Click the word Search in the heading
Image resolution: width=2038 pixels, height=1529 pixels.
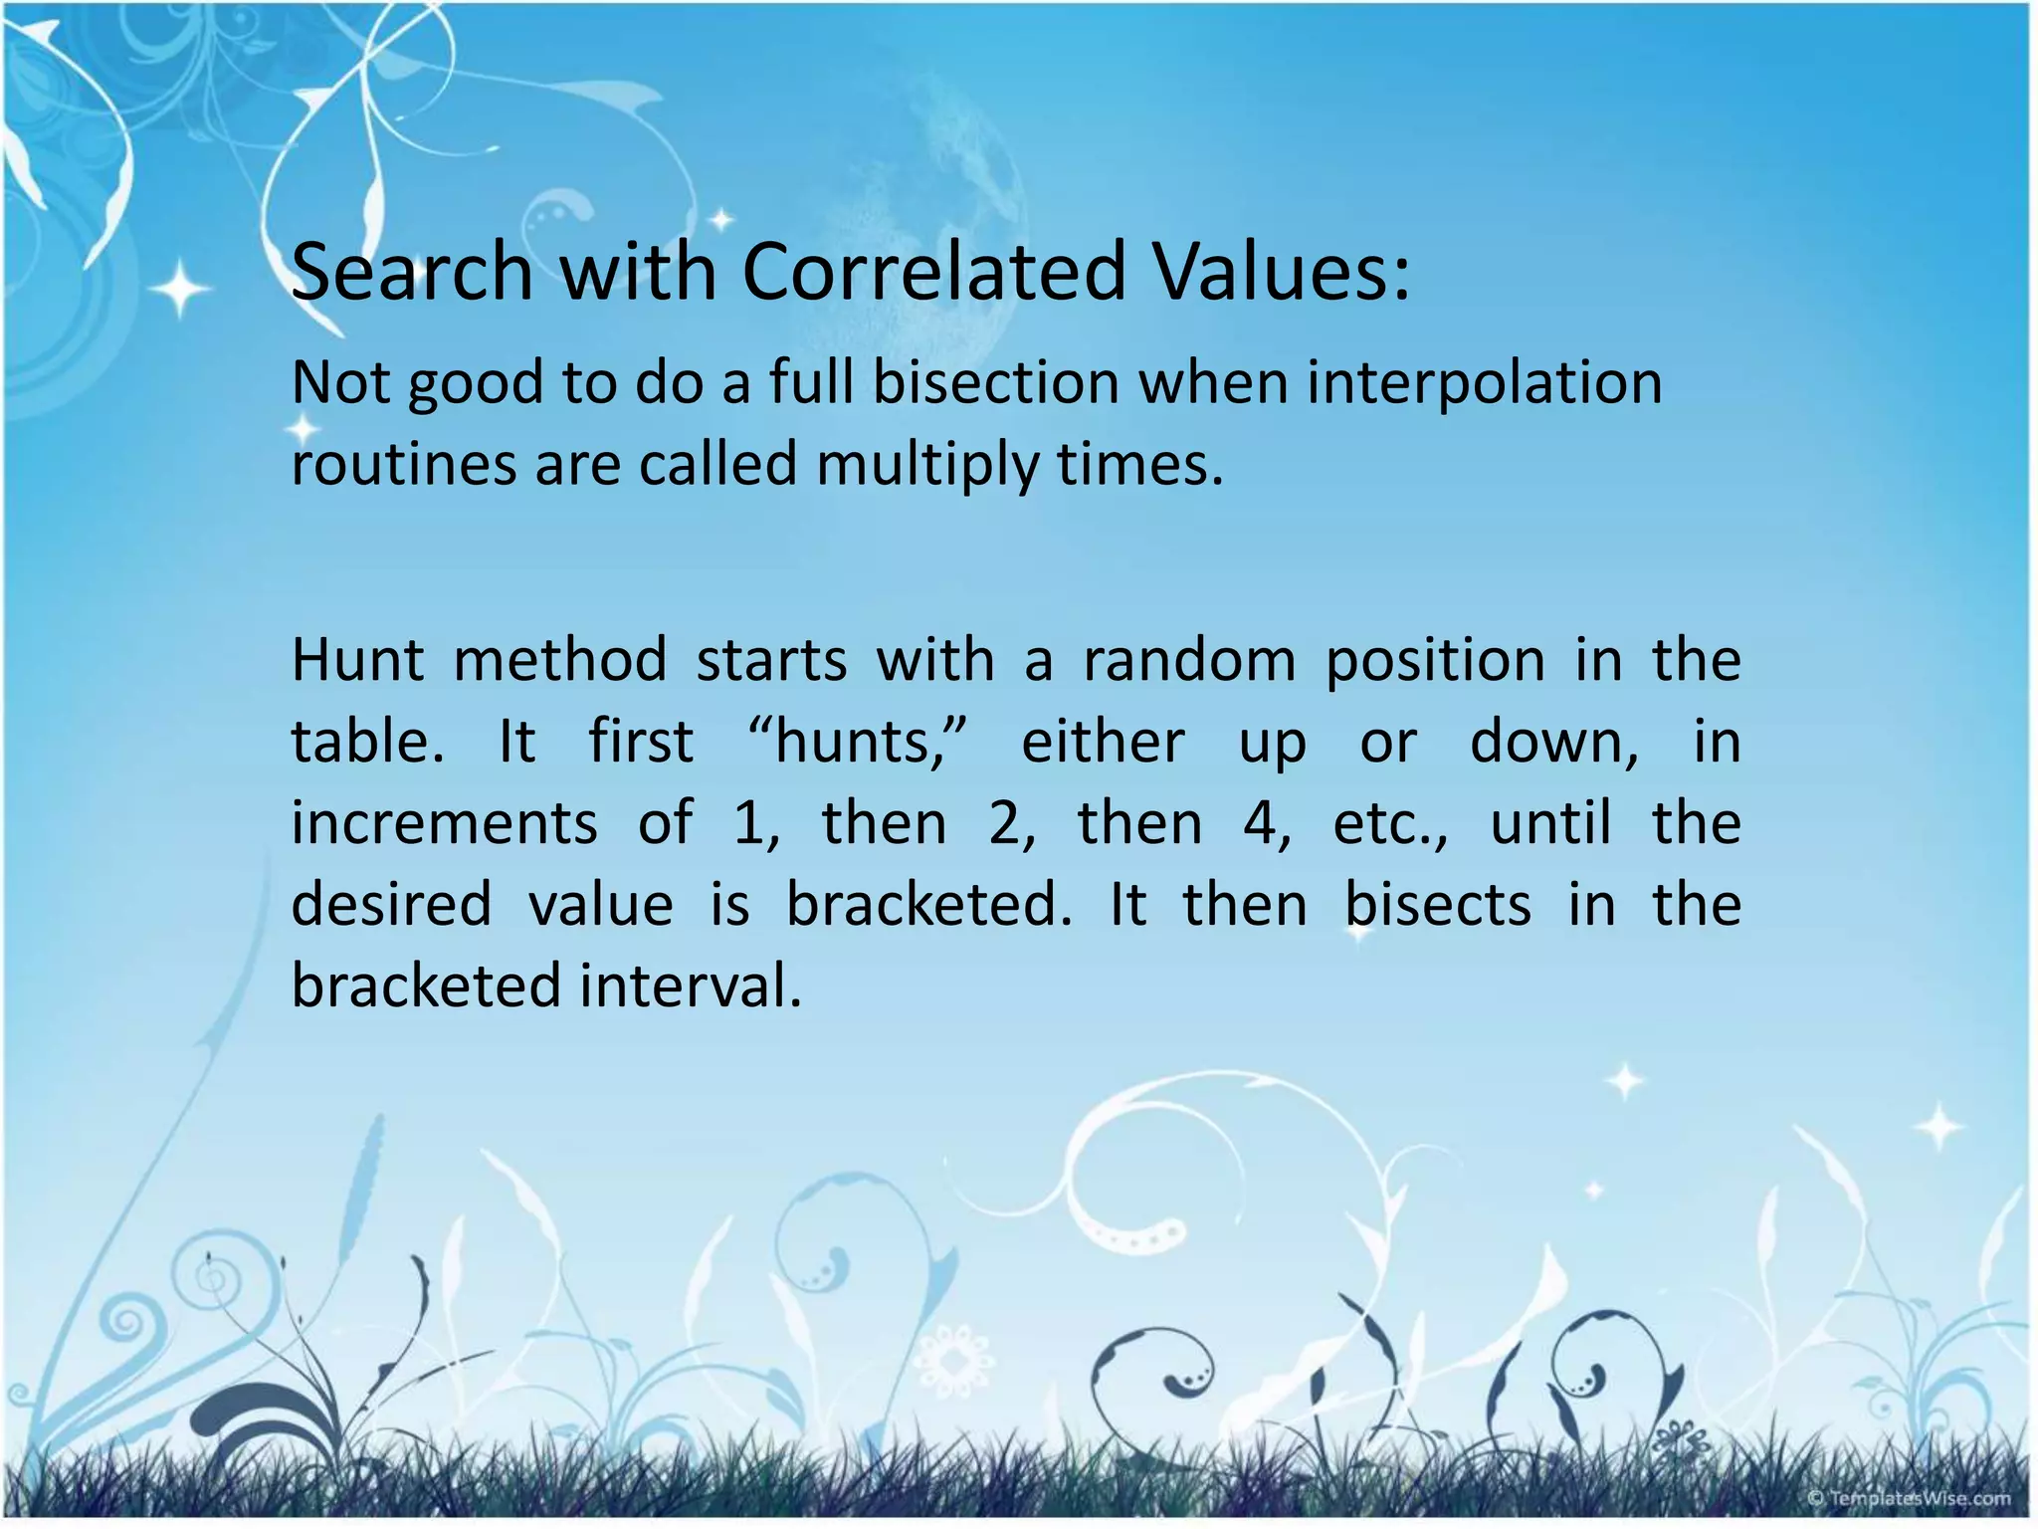(412, 271)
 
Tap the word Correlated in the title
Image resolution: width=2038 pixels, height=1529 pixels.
(933, 271)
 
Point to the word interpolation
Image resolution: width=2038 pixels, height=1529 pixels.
(1484, 384)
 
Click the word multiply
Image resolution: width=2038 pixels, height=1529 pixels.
(926, 466)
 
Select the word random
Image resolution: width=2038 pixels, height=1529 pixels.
(1189, 660)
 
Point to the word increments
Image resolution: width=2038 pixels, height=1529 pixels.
(444, 823)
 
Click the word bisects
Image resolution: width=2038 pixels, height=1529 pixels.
(1438, 905)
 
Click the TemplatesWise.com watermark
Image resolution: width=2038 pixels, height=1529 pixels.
(1908, 1497)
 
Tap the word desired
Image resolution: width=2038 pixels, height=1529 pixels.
(391, 905)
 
